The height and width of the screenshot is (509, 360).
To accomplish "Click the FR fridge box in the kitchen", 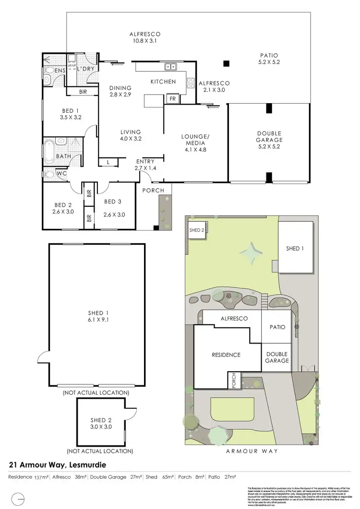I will coord(172,99).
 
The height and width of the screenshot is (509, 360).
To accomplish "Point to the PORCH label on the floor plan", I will coord(154,190).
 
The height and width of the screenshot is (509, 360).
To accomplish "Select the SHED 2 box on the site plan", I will coord(197,230).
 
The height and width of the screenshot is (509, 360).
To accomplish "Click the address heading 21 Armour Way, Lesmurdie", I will coord(58,465).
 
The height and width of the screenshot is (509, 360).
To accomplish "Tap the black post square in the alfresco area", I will coord(226,63).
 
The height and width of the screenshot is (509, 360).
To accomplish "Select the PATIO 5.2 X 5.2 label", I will coord(269,59).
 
